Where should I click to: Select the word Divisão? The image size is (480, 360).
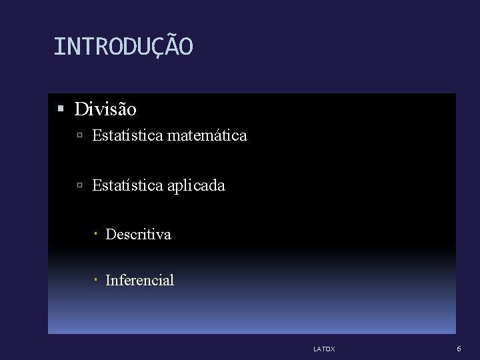105,109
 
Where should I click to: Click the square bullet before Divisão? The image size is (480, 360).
61,108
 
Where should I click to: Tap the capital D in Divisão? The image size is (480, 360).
81,109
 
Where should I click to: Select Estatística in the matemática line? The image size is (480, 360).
128,136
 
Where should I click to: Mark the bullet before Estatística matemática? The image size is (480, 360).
79,136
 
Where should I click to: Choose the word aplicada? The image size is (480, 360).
197,186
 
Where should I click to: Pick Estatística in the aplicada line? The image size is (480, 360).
128,185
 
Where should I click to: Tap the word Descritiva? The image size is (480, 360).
139,235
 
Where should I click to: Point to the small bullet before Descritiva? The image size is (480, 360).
96,234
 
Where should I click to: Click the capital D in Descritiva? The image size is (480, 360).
110,235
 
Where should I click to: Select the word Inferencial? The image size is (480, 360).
140,281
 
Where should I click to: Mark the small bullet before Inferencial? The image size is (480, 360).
96,280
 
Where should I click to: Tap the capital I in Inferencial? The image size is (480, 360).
108,281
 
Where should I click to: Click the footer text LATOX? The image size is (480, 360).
324,349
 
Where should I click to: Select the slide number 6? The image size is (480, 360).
459,349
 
